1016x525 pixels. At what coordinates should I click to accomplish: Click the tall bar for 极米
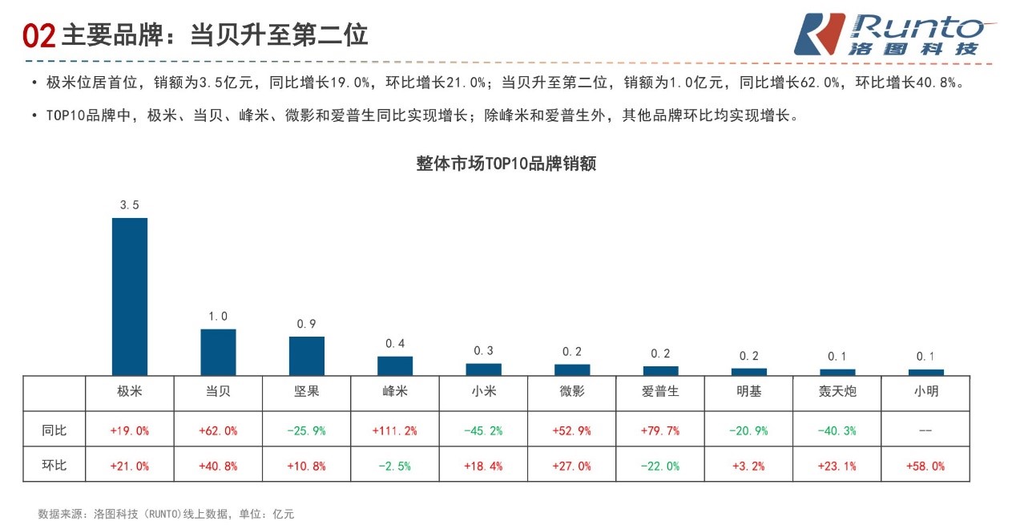[x=129, y=296]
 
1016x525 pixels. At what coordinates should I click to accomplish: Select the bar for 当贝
[x=218, y=352]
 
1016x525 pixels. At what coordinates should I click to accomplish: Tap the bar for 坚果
[x=307, y=356]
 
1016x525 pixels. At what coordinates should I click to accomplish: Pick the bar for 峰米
[x=395, y=365]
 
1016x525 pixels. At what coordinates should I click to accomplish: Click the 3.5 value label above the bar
[x=129, y=205]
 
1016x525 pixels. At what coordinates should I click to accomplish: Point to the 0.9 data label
[x=307, y=324]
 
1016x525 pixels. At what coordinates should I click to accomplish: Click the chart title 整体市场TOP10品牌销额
[x=506, y=164]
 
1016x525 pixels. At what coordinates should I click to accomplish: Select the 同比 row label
[x=54, y=430]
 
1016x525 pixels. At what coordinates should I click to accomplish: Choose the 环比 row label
[x=54, y=465]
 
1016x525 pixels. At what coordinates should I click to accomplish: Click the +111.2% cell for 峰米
[x=395, y=430]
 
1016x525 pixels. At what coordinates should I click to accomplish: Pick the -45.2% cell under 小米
[x=484, y=430]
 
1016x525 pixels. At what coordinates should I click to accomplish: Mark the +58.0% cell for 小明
[x=925, y=466]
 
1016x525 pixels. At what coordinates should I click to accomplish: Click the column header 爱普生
[x=660, y=392]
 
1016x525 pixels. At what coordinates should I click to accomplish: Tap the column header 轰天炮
[x=837, y=392]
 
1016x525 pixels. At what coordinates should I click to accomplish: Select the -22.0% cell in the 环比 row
[x=660, y=466]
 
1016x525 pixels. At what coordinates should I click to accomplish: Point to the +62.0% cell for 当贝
[x=218, y=430]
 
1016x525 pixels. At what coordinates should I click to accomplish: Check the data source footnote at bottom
[x=166, y=514]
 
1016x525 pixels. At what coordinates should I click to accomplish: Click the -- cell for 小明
[x=925, y=430]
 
